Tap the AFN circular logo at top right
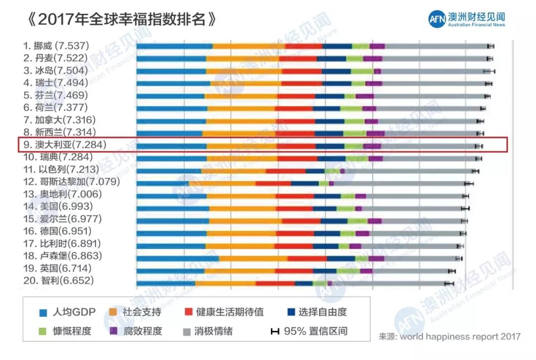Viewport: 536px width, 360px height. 437,19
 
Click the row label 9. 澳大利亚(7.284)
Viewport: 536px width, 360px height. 65,145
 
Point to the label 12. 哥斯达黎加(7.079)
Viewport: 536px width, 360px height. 71,182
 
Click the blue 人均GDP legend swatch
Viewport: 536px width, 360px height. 44,313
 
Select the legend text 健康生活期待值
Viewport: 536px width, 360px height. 230,312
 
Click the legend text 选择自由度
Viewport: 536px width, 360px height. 323,312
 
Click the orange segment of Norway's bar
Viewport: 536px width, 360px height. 249,46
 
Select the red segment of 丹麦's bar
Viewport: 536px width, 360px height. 298,59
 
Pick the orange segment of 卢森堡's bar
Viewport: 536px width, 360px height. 253,258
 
